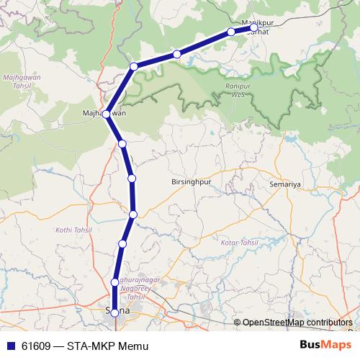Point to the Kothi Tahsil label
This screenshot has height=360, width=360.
point(70,230)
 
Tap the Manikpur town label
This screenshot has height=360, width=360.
point(256,22)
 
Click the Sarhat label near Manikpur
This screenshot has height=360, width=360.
point(258,32)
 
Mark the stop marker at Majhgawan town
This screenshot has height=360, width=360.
point(107,114)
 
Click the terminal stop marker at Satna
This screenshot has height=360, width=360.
point(114,312)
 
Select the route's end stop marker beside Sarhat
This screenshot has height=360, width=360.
point(253,28)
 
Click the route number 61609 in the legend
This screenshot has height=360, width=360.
point(35,346)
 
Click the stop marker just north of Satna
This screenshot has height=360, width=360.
point(115,282)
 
